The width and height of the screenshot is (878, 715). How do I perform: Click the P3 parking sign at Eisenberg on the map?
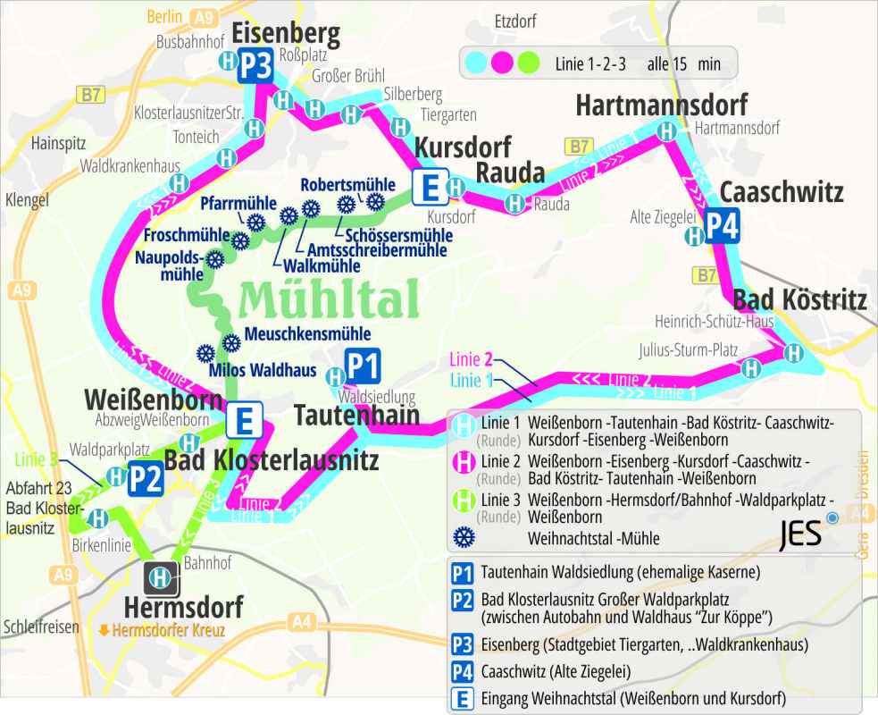(255, 69)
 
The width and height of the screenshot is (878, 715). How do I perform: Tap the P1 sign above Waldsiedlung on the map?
(363, 366)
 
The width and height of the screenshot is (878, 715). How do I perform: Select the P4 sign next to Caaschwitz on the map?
(722, 227)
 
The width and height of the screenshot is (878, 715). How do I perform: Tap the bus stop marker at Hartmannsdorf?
(666, 130)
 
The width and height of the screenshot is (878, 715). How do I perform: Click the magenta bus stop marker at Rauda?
(514, 205)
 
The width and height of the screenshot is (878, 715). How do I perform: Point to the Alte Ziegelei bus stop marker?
(693, 236)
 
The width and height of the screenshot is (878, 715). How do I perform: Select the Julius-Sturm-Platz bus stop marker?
(751, 366)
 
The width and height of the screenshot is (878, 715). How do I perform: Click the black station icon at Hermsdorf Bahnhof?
(162, 577)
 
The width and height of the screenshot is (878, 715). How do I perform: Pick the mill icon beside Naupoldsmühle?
(214, 261)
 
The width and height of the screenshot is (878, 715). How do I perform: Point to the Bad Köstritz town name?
(799, 299)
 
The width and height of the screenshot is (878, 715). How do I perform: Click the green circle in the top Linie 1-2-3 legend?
(529, 63)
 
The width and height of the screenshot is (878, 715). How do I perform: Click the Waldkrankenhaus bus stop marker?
(179, 182)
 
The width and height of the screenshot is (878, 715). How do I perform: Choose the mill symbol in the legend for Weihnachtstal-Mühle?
(464, 537)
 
